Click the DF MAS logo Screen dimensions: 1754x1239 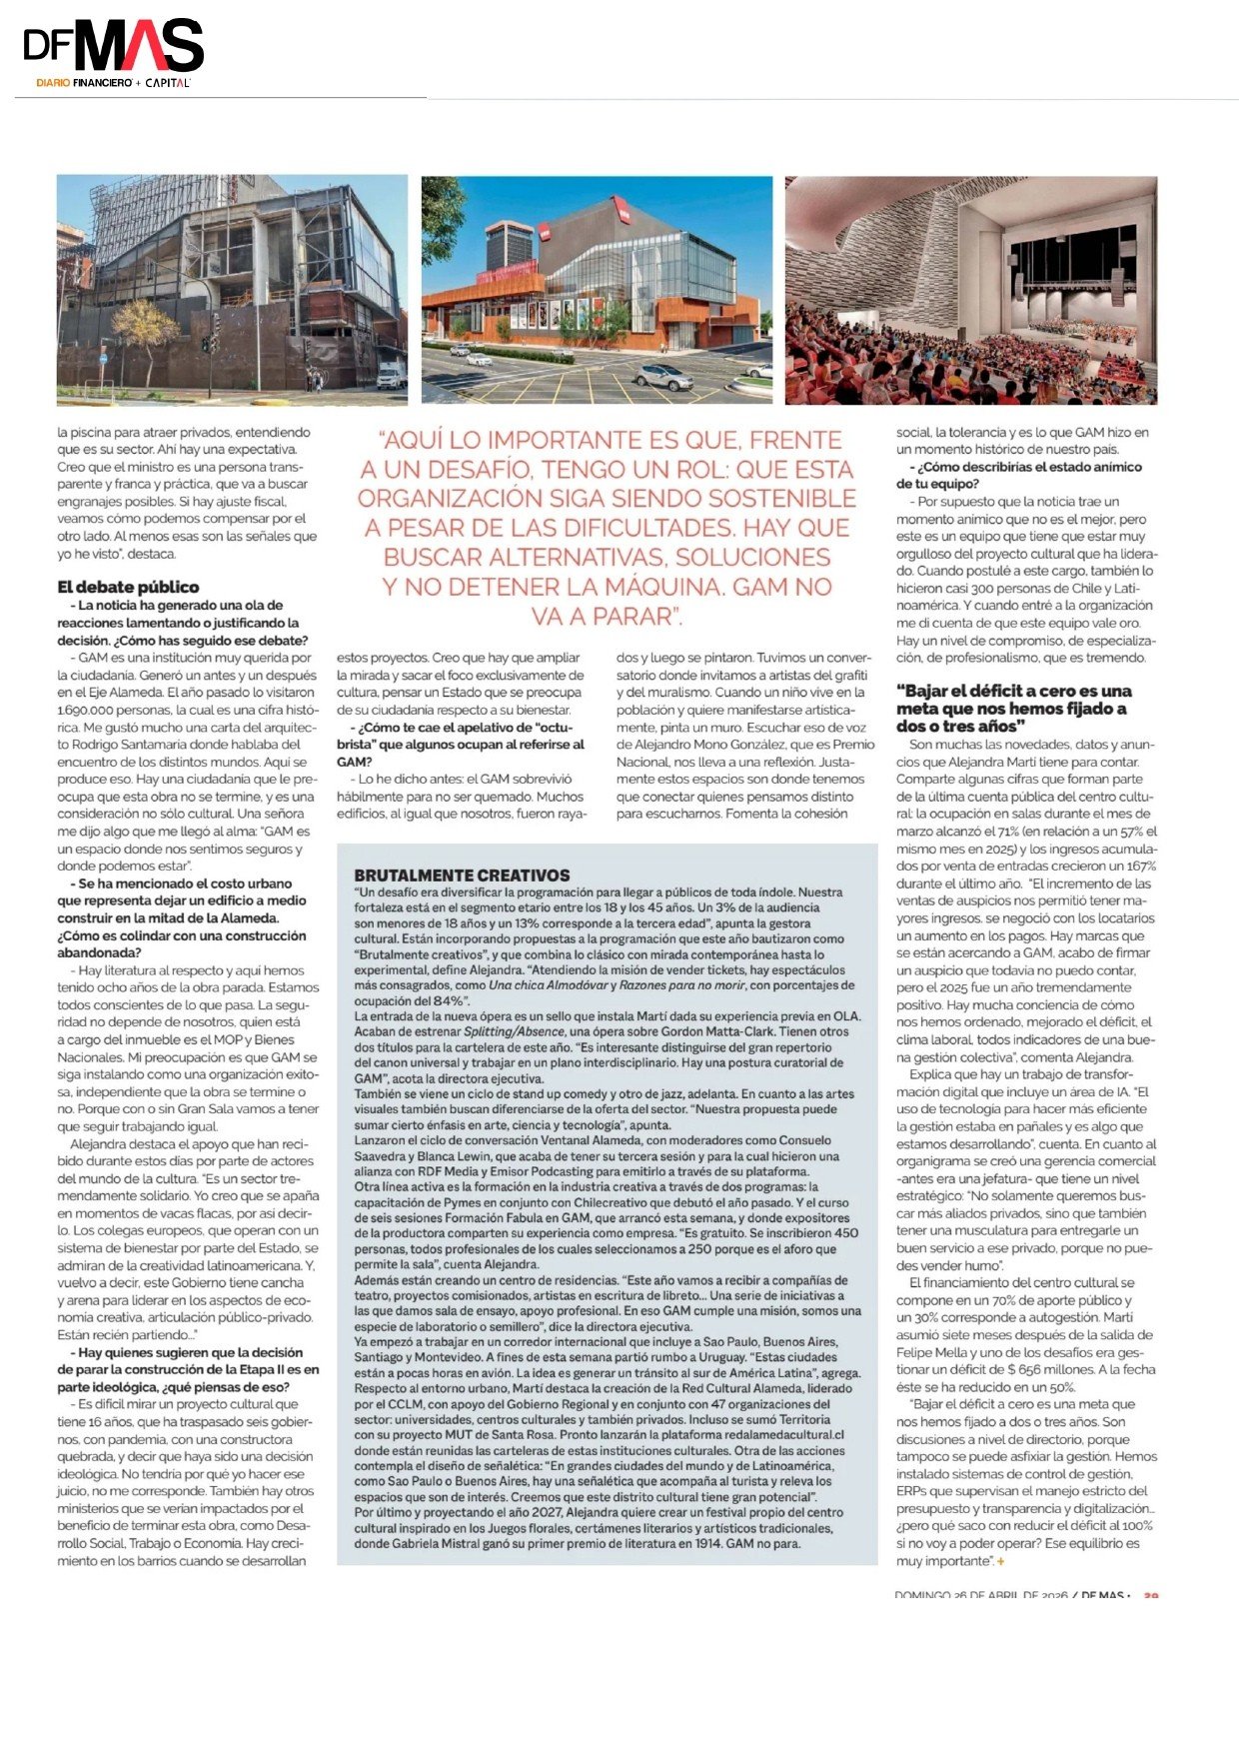pyautogui.click(x=113, y=50)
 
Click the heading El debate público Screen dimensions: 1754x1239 pyautogui.click(x=128, y=587)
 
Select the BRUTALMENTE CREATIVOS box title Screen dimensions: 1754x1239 pyautogui.click(x=462, y=875)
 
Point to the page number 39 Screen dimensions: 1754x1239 pyautogui.click(x=1150, y=1595)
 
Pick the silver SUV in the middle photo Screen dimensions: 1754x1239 pyautogui.click(x=663, y=377)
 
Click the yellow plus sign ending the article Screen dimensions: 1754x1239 pyautogui.click(x=1000, y=1561)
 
